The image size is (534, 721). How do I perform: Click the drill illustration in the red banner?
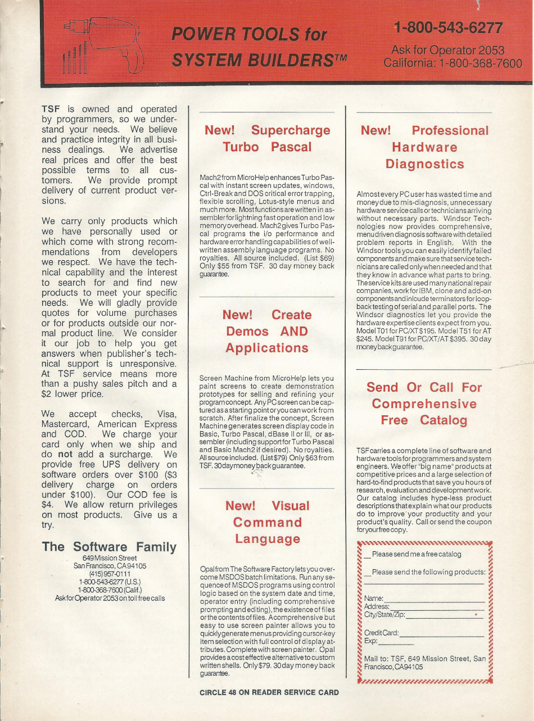(x=104, y=45)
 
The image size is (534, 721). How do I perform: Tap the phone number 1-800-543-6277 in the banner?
(x=447, y=27)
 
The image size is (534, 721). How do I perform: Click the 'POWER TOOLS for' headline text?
(x=248, y=35)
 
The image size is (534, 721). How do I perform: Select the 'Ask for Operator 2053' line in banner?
(x=447, y=51)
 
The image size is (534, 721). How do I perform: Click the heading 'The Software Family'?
(x=109, y=547)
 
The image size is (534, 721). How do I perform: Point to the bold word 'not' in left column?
(x=65, y=455)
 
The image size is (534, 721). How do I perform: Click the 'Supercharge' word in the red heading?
(x=291, y=130)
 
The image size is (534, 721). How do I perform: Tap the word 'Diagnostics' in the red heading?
(x=424, y=164)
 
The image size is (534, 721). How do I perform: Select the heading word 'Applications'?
(x=267, y=348)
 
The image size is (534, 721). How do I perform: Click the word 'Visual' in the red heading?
(x=290, y=506)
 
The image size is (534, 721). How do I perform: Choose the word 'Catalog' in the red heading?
(x=444, y=420)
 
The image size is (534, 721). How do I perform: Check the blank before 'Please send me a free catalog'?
(x=366, y=555)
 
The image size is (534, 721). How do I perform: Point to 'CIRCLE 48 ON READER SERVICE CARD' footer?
(x=269, y=692)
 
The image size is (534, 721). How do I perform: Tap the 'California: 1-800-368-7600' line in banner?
(x=452, y=62)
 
